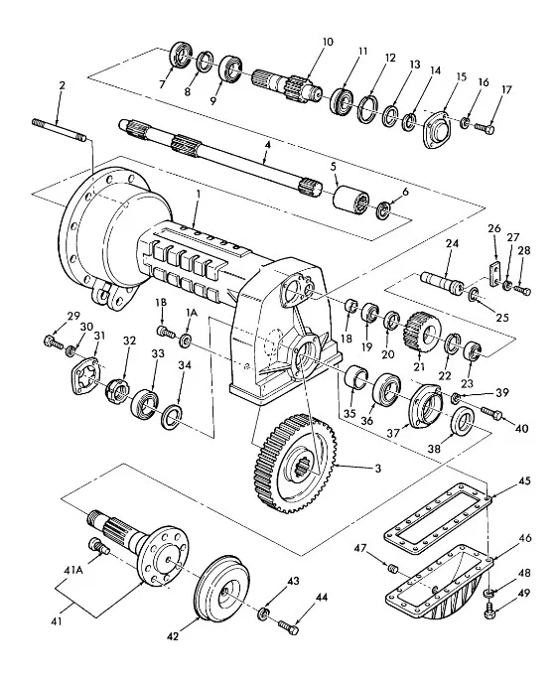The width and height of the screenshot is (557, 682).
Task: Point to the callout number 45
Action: click(525, 481)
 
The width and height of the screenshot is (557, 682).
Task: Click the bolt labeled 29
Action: click(51, 342)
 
